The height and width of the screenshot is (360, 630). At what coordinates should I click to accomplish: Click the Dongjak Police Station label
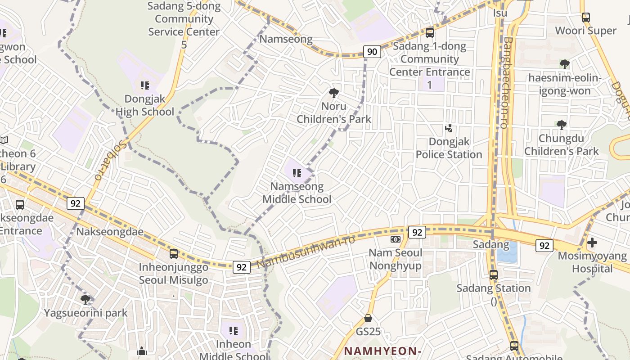tap(449, 148)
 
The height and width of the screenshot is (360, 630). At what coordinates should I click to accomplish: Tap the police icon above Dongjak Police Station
tap(449, 128)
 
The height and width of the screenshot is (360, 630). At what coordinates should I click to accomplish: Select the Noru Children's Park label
tap(334, 112)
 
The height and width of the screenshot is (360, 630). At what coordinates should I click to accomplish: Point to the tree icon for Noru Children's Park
tap(334, 93)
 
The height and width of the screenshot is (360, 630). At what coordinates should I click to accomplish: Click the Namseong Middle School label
tap(297, 193)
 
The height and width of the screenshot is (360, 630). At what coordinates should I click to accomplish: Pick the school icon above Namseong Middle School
tap(297, 173)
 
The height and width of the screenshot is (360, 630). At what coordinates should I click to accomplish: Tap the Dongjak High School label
tap(145, 105)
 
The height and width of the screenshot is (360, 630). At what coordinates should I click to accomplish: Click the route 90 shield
tap(372, 52)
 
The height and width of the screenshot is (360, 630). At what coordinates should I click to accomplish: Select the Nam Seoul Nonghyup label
tap(396, 259)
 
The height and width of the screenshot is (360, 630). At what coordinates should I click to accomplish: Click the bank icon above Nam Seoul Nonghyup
tap(396, 239)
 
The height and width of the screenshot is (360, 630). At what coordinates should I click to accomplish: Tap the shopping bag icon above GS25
tap(368, 318)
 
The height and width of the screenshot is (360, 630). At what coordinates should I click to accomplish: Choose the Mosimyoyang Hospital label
tap(592, 262)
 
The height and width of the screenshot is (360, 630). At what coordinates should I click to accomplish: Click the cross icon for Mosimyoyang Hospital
tap(592, 243)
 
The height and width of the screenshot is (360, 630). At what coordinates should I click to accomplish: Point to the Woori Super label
tap(585, 31)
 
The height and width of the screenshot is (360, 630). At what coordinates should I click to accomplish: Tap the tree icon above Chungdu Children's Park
tap(561, 125)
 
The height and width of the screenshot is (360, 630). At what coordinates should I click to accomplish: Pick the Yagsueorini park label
tap(85, 313)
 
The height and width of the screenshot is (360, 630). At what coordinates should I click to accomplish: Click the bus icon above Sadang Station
tap(494, 274)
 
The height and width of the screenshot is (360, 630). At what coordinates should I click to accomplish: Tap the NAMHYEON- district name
tap(383, 351)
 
